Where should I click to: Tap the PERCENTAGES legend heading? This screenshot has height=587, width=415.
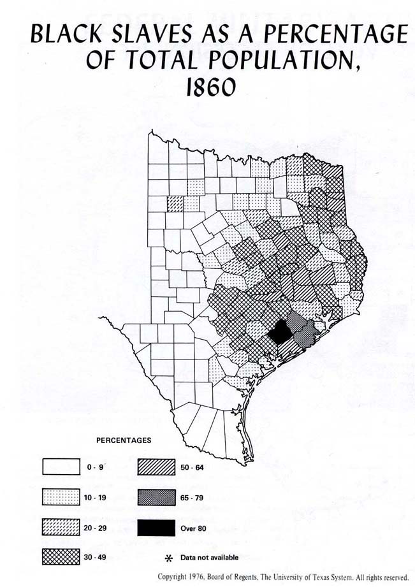pyautogui.click(x=124, y=440)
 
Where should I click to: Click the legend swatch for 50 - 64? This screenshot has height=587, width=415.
pyautogui.click(x=156, y=467)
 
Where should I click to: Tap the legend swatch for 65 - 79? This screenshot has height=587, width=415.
pyautogui.click(x=156, y=497)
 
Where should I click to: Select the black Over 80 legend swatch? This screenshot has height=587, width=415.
pyautogui.click(x=156, y=527)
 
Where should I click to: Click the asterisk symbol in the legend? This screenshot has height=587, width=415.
pyautogui.click(x=169, y=558)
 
